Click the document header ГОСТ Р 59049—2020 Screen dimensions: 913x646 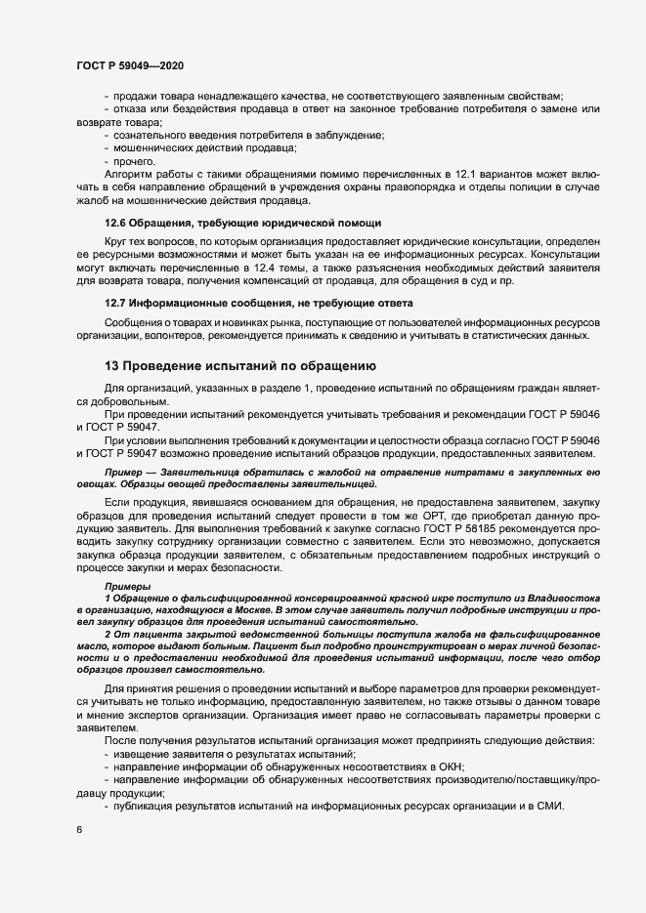tap(130, 65)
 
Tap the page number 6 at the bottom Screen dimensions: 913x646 tap(78, 830)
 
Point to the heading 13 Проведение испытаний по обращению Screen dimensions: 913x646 tap(239, 367)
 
